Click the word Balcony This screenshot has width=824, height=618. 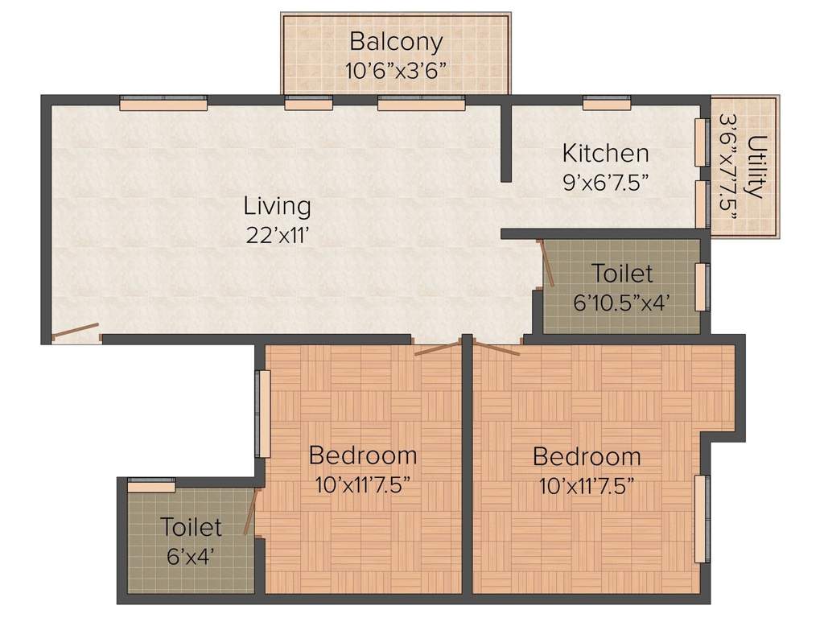pyautogui.click(x=395, y=41)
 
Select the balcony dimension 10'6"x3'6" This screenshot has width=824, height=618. pyautogui.click(x=396, y=69)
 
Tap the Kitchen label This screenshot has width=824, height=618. pyautogui.click(x=605, y=152)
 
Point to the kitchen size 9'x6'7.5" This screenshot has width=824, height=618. pyautogui.click(x=605, y=180)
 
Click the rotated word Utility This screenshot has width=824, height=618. pyautogui.click(x=756, y=167)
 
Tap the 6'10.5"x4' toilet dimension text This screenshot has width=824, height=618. pyautogui.click(x=622, y=303)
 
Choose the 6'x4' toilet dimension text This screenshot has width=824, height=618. pyautogui.click(x=190, y=556)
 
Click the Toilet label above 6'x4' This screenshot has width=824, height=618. pyautogui.click(x=191, y=528)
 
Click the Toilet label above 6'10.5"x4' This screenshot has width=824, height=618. pyautogui.click(x=622, y=274)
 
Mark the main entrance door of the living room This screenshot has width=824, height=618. pyautogui.click(x=76, y=331)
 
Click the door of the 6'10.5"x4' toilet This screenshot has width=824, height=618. pyautogui.click(x=546, y=263)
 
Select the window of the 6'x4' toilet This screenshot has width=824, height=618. pyautogui.click(x=151, y=484)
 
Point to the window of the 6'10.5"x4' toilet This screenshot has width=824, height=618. pyautogui.click(x=702, y=286)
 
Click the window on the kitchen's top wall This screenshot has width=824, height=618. pyautogui.click(x=606, y=103)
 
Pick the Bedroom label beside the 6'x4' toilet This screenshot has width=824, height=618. pyautogui.click(x=363, y=455)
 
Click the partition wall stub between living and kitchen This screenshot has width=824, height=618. pyautogui.click(x=506, y=142)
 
